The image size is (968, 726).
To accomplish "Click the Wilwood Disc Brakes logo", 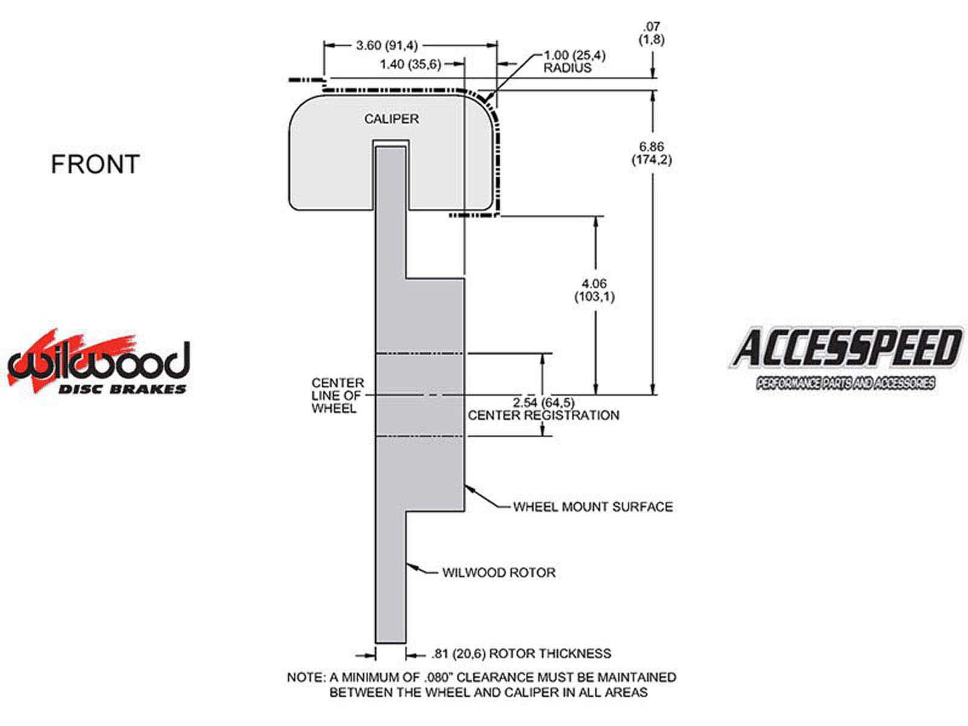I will coord(98,363).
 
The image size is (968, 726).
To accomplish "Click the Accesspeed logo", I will coord(845,357).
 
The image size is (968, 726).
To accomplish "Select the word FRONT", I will coord(95,165).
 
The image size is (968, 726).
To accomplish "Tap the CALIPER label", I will coord(391,119).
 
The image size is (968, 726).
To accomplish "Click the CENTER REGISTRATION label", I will coord(543,416).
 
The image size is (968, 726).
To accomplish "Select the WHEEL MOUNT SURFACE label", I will coord(592,507).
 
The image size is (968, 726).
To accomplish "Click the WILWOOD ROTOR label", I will coord(499,572).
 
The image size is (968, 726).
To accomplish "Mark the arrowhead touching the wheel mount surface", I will coord(468,488).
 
